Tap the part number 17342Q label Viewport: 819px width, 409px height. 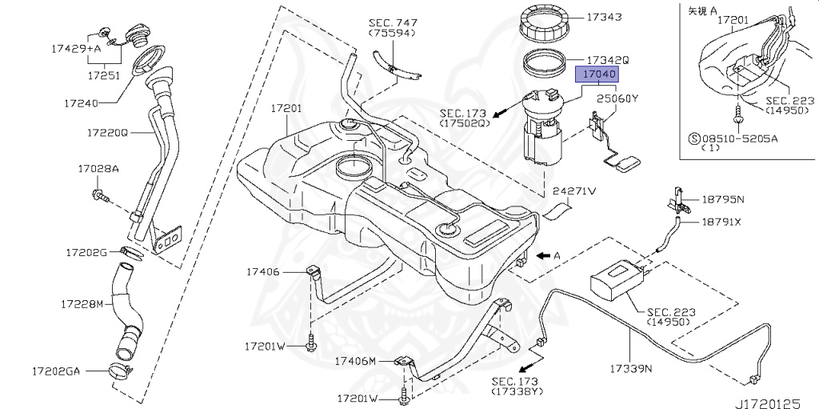tap(608, 60)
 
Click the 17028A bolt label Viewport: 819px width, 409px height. tap(98, 169)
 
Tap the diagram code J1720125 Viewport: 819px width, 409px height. tap(773, 397)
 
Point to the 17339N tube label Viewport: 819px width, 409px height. tap(630, 369)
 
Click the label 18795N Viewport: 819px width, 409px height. tap(723, 198)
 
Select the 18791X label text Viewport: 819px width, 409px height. tap(722, 222)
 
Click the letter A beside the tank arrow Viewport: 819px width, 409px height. tap(557, 255)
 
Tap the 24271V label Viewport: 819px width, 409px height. tap(575, 192)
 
